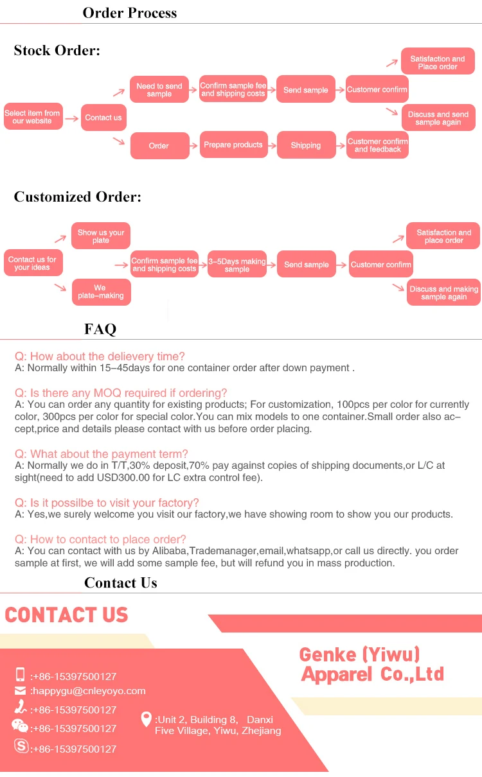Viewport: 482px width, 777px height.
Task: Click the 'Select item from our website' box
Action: coord(33,117)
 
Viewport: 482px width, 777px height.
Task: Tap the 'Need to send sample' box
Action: coord(159,90)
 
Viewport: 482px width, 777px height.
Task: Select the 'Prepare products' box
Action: coord(233,145)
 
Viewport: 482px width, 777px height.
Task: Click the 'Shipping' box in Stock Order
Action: coord(306,145)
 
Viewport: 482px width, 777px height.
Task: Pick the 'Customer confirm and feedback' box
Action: coord(377,145)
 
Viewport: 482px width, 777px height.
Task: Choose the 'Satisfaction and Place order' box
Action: coord(438,62)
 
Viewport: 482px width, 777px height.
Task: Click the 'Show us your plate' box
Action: coord(101,236)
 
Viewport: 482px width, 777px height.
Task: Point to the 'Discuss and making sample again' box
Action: coord(444,293)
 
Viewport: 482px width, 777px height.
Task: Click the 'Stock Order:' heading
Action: coord(57,51)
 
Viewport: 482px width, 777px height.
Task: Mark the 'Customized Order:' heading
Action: coord(78,196)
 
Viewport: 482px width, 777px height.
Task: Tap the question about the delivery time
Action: coord(100,356)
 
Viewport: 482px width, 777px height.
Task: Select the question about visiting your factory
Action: coord(107,503)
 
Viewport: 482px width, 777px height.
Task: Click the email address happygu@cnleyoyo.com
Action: coord(89,691)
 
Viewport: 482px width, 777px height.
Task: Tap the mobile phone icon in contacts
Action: coord(20,674)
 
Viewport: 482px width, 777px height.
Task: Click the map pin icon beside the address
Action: coord(146,719)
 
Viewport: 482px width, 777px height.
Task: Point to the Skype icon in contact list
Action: coord(21,747)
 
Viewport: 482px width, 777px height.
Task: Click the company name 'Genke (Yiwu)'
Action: coord(359,654)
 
